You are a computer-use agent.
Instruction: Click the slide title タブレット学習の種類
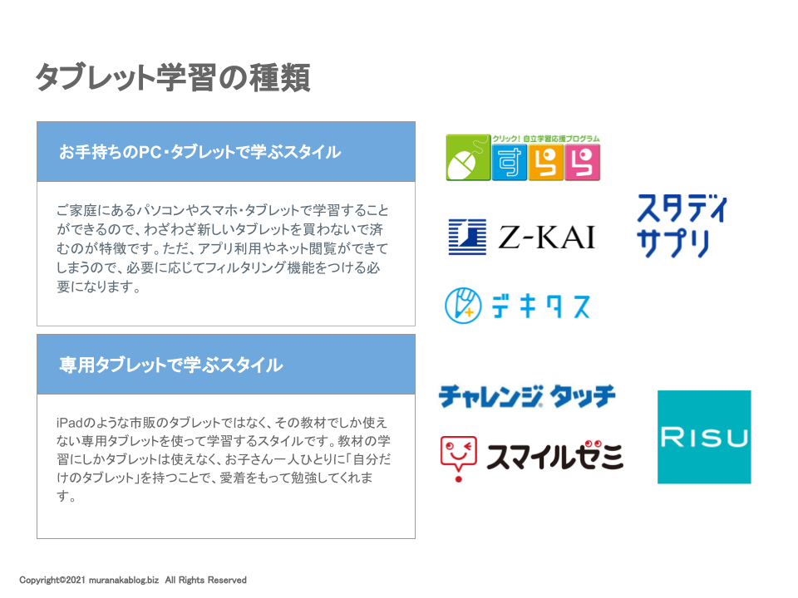[173, 78]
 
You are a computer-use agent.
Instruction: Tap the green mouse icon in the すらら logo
[468, 158]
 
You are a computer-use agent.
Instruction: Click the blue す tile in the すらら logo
[510, 162]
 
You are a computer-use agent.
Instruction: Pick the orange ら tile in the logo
[546, 162]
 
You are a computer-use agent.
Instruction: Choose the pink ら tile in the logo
[582, 162]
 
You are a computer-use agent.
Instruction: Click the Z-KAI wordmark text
[547, 238]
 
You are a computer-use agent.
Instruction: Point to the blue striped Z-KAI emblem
[467, 237]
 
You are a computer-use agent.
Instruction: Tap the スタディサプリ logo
[682, 226]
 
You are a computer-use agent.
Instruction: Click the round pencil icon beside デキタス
[463, 306]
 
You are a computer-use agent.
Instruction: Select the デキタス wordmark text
[541, 306]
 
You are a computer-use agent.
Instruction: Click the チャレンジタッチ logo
[527, 397]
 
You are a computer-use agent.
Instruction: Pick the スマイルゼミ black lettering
[554, 456]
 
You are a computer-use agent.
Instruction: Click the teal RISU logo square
[704, 437]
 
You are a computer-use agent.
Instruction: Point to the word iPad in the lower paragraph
[69, 423]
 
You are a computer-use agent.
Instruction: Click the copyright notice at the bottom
[133, 581]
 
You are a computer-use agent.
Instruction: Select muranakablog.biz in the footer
[124, 581]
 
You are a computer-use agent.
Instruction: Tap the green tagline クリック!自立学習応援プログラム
[546, 139]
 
